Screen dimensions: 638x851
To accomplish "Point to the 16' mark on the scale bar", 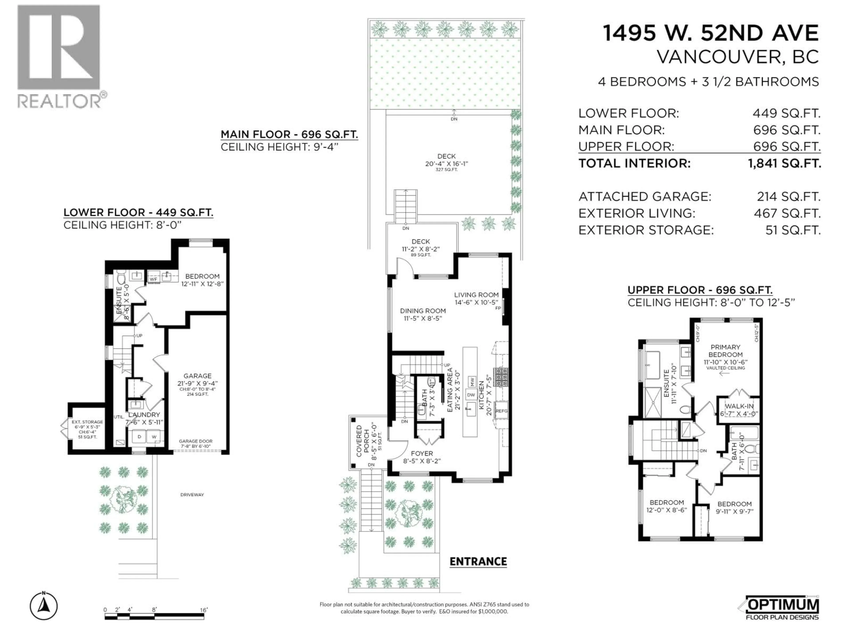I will tap(203, 610).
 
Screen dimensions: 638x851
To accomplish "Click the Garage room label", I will tap(197, 376).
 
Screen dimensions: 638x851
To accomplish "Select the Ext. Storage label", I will tap(87, 422).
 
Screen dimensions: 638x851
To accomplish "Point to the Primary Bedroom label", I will tap(725, 351).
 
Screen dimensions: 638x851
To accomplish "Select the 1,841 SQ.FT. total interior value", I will tap(784, 163).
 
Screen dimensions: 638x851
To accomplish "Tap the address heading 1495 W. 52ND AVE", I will tap(710, 33).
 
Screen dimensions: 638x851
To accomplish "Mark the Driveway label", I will tap(192, 494).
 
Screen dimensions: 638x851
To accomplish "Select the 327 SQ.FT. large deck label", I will tap(446, 170).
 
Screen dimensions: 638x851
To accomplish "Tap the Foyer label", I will tap(422, 453).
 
